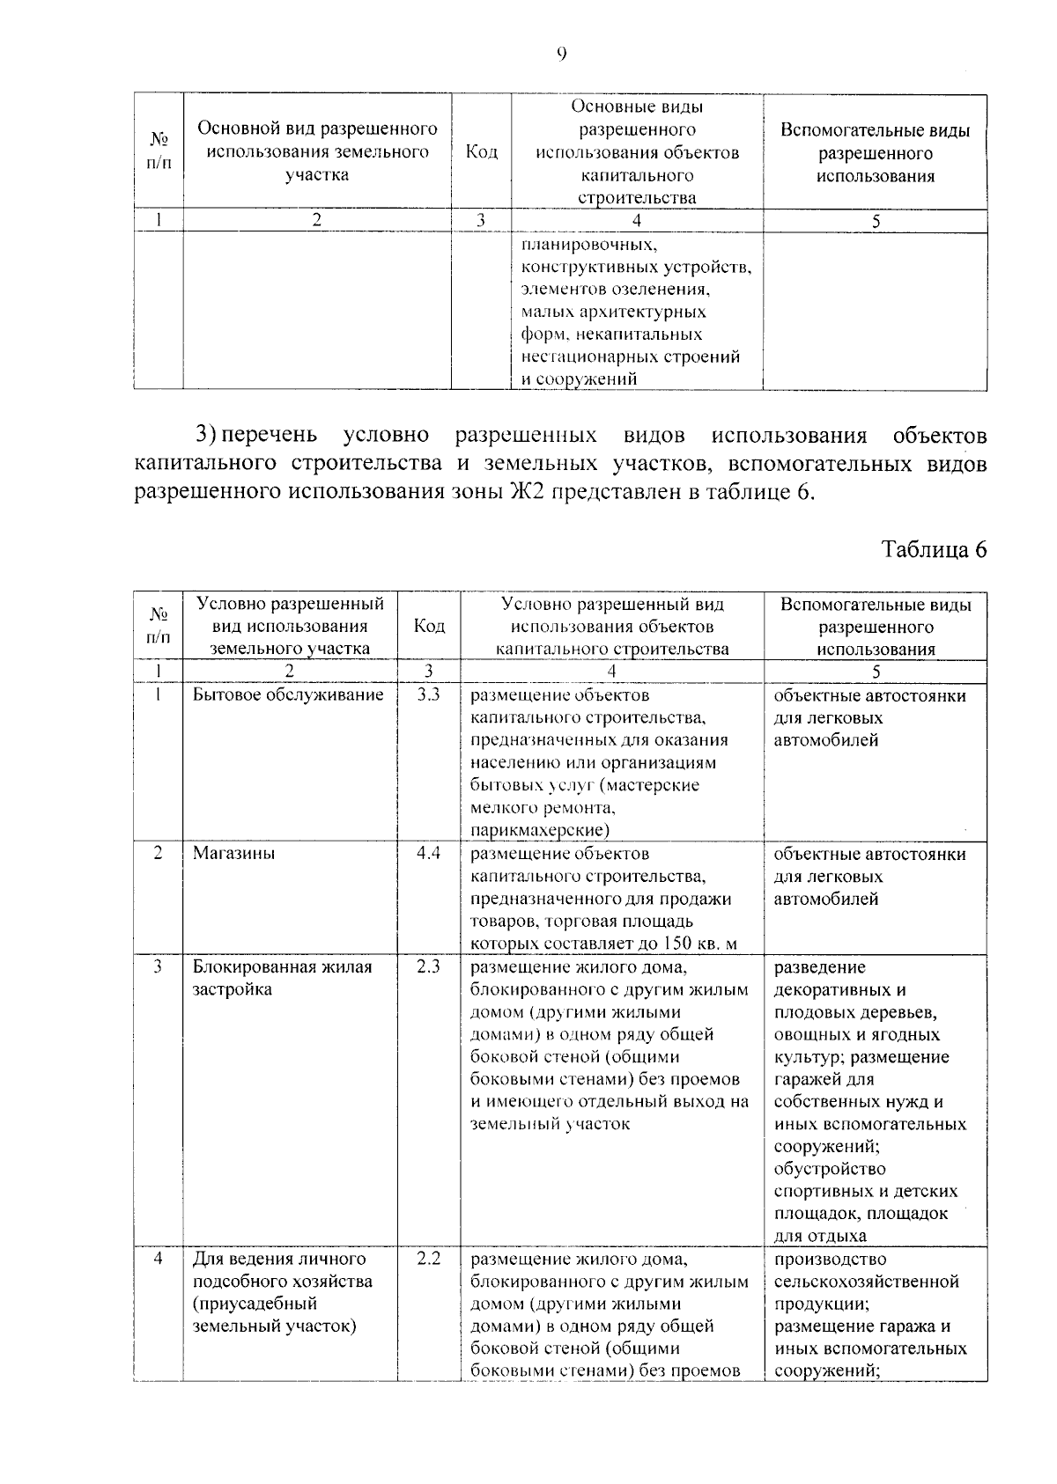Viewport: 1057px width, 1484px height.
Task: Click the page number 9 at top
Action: pos(561,55)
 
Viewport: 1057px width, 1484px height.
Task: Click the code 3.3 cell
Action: pos(428,695)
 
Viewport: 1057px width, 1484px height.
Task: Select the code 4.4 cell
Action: pos(428,853)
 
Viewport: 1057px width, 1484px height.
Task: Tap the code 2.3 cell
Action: pos(428,966)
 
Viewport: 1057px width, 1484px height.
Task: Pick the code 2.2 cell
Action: pos(428,1259)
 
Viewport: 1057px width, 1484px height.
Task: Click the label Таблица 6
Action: pos(934,549)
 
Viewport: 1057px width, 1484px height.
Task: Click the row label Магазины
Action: pos(233,853)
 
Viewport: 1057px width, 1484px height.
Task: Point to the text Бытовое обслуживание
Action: pos(288,695)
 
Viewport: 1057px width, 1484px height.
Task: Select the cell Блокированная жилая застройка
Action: pos(282,977)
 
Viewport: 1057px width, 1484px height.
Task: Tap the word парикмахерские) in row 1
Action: pos(540,830)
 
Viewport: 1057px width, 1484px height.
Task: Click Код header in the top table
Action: pos(481,152)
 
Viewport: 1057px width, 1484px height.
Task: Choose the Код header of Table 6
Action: pos(429,626)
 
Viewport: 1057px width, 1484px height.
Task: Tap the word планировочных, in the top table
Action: pos(588,244)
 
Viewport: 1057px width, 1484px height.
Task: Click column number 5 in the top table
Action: pos(876,222)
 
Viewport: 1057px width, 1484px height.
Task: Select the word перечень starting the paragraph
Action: pos(269,436)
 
